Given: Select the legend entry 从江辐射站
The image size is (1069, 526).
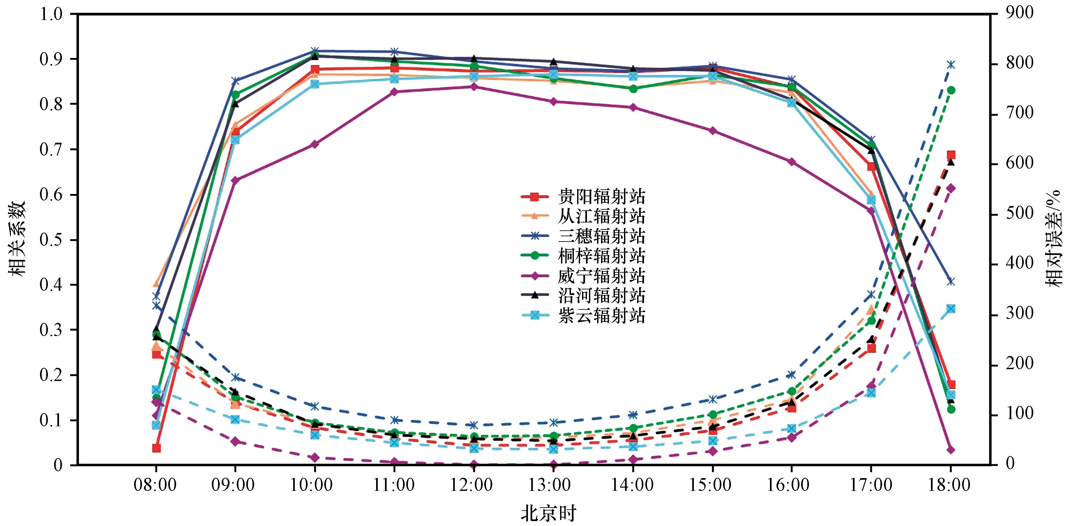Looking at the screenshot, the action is pos(583,216).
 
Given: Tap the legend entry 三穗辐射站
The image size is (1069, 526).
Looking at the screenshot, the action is pos(583,236).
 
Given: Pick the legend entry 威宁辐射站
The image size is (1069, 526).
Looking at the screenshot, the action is pos(583,276).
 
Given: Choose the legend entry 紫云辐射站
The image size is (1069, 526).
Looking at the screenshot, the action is pos(583,316).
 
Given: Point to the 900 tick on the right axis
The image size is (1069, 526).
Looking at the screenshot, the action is pos(1018,14).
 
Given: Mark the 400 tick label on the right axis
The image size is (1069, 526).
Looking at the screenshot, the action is pos(1018,264).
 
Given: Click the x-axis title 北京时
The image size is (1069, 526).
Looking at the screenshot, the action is pos(549,514).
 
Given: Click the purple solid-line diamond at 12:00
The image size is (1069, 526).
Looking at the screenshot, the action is pos(474,87).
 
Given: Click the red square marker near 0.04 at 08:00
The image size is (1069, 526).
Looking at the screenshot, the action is pos(156,448).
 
